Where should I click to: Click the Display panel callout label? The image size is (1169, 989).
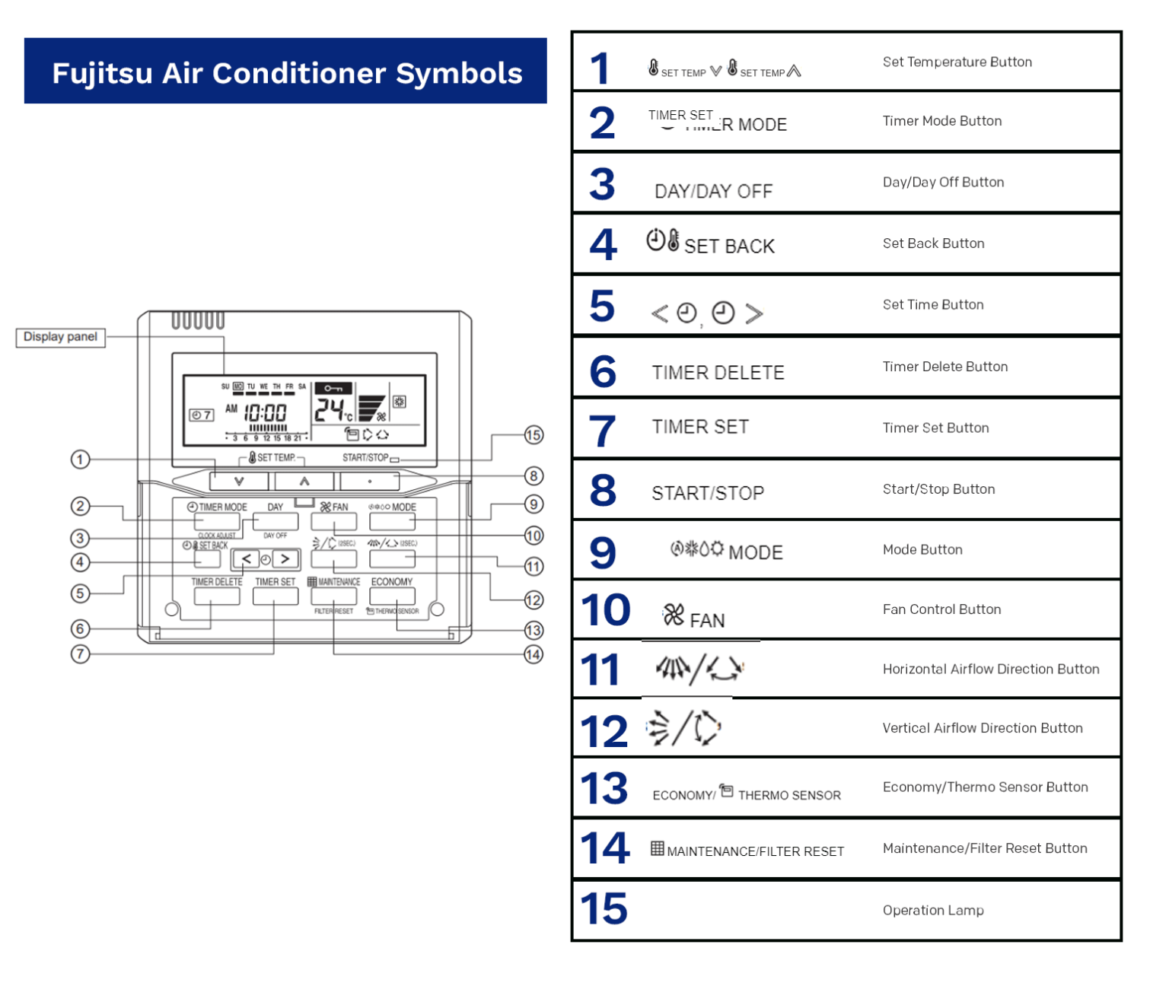(x=60, y=337)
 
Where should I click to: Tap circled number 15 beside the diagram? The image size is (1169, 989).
(x=534, y=435)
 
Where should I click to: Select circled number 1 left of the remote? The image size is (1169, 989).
(x=80, y=460)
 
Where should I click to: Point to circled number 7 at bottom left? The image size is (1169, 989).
(x=80, y=654)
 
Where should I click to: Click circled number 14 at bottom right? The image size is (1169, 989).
(x=534, y=654)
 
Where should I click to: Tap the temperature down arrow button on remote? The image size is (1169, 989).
(x=239, y=481)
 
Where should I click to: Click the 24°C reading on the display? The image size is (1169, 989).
(x=333, y=411)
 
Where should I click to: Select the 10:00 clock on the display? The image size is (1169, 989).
(x=265, y=413)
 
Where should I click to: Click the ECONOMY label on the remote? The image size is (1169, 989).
(x=392, y=582)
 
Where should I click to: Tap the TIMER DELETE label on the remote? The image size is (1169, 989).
(x=217, y=582)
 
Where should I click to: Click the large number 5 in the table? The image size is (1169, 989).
(x=602, y=306)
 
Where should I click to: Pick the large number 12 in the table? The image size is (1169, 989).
(x=604, y=731)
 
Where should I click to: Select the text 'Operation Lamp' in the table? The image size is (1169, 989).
(x=933, y=911)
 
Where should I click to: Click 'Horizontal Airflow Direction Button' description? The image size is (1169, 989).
(x=991, y=669)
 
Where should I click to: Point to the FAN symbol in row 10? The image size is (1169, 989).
(x=693, y=617)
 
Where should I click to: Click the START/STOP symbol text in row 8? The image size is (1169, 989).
(x=708, y=494)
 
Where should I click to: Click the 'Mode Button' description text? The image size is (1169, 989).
(x=922, y=550)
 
